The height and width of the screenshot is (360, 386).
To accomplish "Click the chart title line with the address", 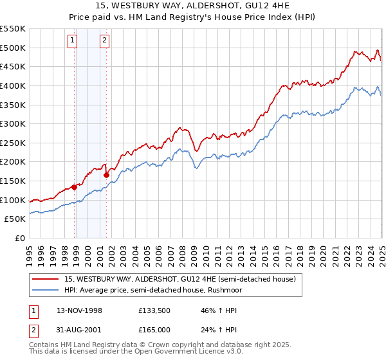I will coord(192,7).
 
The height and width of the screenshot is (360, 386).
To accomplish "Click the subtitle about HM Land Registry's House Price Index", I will coord(192,17).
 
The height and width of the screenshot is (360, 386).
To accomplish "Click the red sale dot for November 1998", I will coord(75,187).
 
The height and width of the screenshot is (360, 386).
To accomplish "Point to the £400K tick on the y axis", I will coord(14,85).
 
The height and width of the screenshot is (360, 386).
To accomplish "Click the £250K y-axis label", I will coord(14,143).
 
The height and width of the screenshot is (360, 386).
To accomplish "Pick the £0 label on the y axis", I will coord(20,238).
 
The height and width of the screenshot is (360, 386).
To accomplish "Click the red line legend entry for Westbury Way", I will coord(180,279).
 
